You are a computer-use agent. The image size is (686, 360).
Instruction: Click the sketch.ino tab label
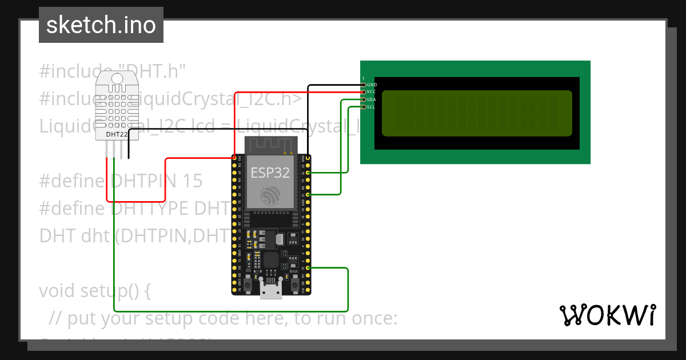pos(101,25)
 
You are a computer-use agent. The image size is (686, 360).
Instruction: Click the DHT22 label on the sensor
pos(117,134)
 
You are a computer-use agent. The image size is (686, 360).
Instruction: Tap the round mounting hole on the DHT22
pos(118,78)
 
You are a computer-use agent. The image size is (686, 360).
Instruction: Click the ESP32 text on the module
pos(270,173)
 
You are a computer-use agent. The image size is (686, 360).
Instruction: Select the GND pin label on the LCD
pos(372,85)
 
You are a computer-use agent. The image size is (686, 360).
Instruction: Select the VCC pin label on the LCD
pos(372,92)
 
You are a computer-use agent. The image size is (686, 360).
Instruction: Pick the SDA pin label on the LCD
pos(372,99)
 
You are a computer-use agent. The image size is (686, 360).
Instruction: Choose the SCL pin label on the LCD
pos(372,107)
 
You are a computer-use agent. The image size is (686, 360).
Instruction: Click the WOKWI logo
pos(607,315)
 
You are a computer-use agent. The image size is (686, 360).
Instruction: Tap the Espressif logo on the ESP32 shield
pos(270,195)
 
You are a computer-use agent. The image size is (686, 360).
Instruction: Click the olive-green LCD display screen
pos(477,113)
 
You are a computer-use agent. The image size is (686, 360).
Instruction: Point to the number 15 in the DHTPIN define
pos(193,181)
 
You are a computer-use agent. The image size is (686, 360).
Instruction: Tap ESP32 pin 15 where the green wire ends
pos(308,268)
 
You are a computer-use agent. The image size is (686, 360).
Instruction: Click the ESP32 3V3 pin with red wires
pos(234,158)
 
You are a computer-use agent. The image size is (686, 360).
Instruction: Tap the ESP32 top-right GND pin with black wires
pos(308,158)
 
